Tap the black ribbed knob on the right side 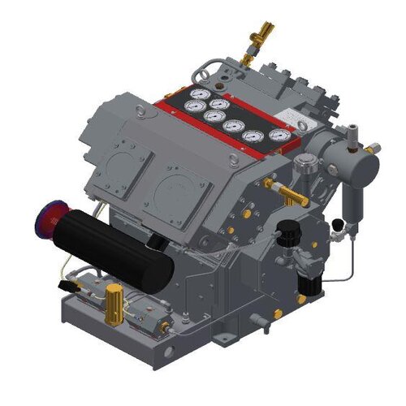tap(286, 232)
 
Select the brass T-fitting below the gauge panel tap(291, 193)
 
